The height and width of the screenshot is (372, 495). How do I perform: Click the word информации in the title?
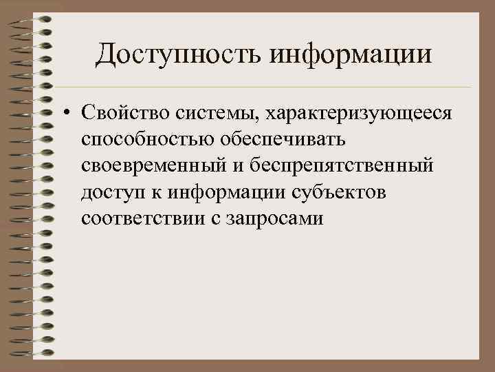click(351, 54)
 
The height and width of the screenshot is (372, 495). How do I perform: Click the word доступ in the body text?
click(113, 193)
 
